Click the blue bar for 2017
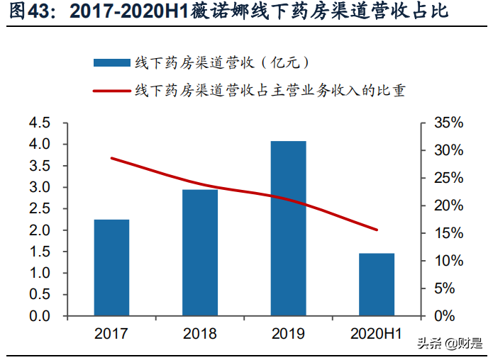[111, 267]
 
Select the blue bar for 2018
[200, 252]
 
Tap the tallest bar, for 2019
[288, 228]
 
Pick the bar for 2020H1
[376, 284]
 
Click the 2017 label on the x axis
[111, 334]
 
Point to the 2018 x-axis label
[200, 334]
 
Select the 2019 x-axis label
[288, 334]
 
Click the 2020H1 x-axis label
[376, 334]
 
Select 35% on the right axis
[448, 123]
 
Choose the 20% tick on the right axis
[448, 206]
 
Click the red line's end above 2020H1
[377, 230]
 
